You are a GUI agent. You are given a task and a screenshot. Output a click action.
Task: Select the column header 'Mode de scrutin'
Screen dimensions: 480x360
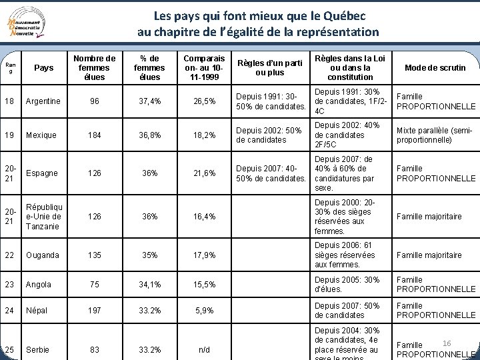click(x=435, y=68)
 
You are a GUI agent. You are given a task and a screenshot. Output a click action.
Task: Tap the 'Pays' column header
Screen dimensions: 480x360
click(x=43, y=68)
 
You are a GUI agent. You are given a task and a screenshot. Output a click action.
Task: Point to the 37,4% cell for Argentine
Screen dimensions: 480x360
click(x=149, y=101)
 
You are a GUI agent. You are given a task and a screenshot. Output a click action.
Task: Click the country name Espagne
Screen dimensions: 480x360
click(x=41, y=173)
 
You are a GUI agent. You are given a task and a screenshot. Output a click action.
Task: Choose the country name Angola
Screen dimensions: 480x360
click(x=38, y=285)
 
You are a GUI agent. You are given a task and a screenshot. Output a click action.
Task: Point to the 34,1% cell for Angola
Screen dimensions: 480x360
click(x=149, y=285)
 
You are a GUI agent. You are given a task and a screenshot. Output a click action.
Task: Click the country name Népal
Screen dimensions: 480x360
click(x=37, y=311)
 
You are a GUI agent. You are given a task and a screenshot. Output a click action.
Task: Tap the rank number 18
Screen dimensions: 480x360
click(x=9, y=101)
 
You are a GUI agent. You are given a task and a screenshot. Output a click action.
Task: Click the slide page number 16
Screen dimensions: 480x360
click(x=447, y=343)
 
